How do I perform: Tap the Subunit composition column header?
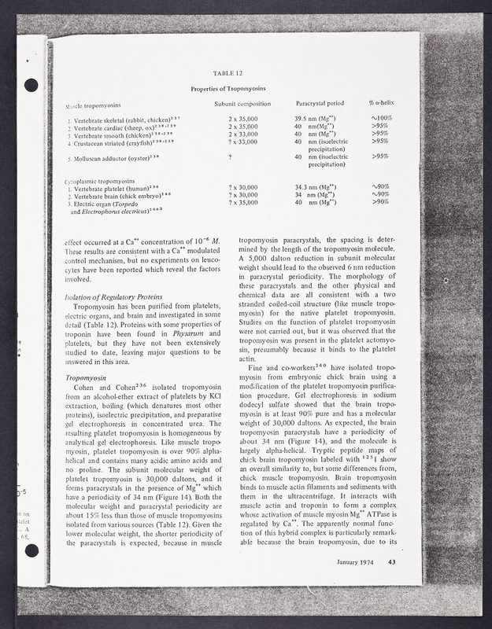[x=237, y=104]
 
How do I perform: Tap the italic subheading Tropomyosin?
[x=87, y=377]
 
